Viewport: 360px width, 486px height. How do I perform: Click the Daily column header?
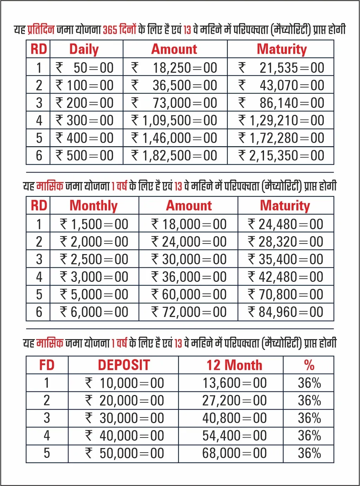84,49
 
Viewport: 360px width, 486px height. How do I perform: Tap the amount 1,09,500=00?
179,121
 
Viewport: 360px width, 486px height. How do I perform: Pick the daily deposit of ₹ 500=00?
90,156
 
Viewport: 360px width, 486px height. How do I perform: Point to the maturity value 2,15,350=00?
286,156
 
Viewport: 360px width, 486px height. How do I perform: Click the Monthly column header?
94,206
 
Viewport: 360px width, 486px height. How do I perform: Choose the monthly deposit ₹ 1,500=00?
99,224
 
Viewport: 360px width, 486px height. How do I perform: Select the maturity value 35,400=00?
290,259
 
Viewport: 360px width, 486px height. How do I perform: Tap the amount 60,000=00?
194,294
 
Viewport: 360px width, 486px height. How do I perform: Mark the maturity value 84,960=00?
290,312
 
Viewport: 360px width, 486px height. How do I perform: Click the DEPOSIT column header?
124,365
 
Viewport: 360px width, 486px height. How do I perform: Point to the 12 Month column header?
234,365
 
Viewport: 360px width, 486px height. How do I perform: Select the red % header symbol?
309,365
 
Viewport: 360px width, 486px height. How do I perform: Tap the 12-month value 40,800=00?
234,418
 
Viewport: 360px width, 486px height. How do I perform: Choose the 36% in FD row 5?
309,453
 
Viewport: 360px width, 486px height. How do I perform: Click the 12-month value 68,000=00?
234,453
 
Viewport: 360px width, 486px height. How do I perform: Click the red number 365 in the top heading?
110,30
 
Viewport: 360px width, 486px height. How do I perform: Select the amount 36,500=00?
185,85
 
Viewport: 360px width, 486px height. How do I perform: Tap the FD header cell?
47,365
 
